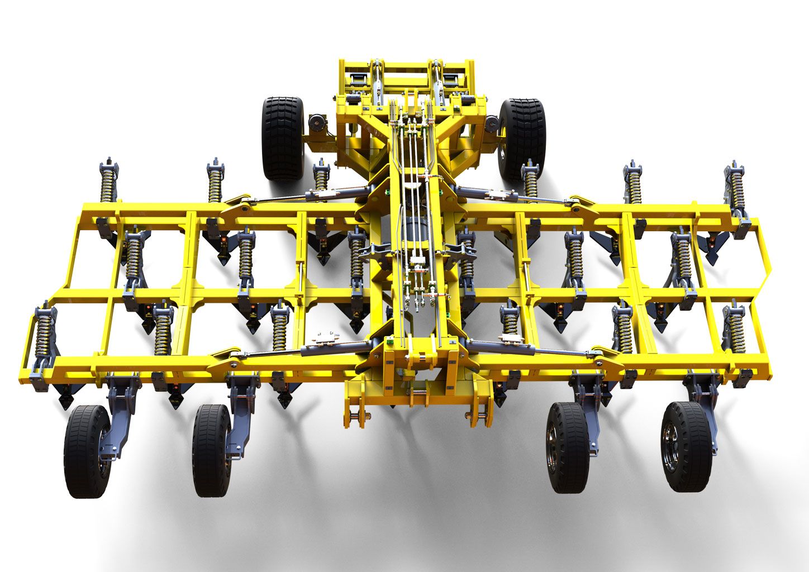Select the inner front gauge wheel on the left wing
(x=212, y=450)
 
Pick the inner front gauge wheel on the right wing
(x=569, y=447)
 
